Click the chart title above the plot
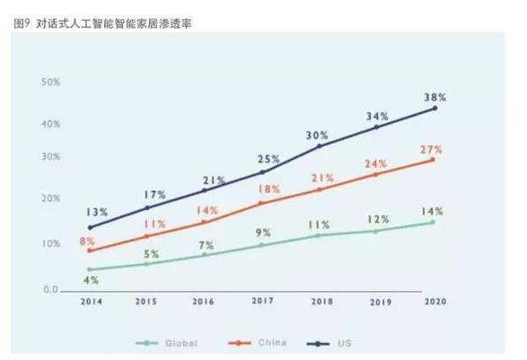103,23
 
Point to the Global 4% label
92,280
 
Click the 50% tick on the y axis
50,82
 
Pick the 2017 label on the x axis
262,301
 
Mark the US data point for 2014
89,227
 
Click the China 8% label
88,241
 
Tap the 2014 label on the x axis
89,301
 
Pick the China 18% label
269,190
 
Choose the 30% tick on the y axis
50,156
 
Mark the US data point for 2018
319,145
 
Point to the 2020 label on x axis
435,301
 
